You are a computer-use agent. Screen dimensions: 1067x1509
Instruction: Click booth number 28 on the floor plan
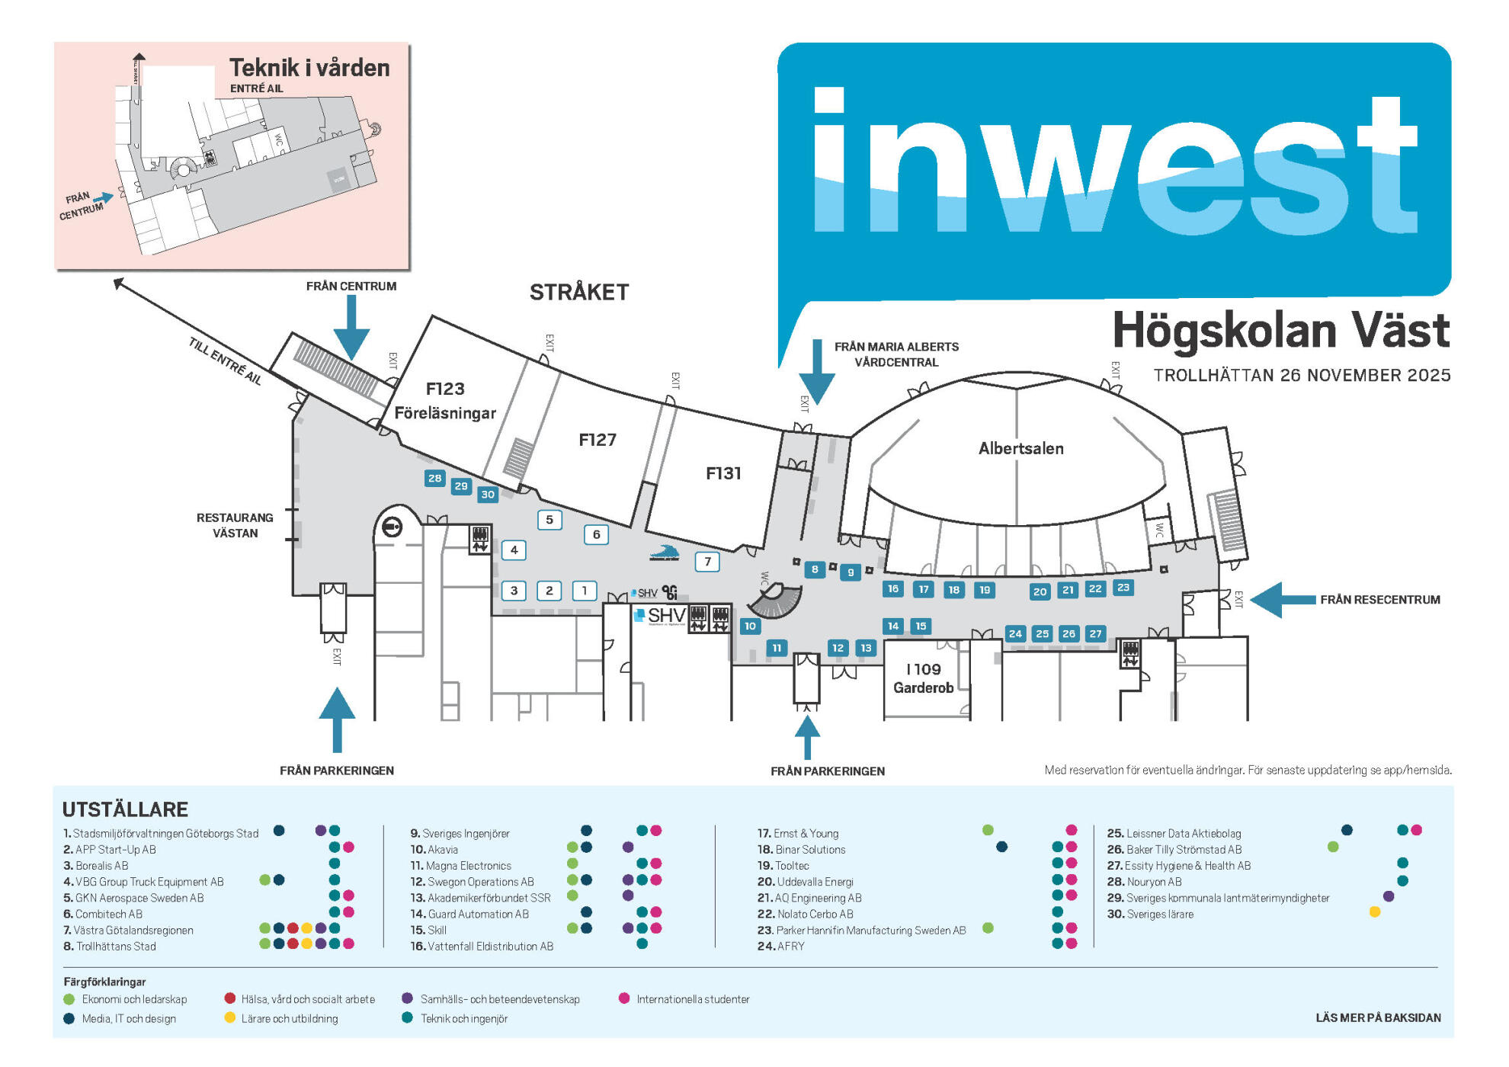click(x=434, y=479)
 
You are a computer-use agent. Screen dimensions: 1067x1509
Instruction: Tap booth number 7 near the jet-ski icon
click(x=707, y=562)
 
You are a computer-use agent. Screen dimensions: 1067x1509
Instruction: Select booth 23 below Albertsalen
click(x=1123, y=588)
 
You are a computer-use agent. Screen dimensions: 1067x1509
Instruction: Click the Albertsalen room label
click(x=1020, y=448)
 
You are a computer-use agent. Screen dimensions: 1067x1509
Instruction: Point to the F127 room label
click(x=597, y=440)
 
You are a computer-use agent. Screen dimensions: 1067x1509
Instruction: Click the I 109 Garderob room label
click(x=923, y=678)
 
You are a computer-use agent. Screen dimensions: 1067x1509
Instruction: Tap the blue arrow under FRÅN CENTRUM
click(x=351, y=328)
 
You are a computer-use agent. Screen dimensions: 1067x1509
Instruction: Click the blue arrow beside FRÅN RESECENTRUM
click(x=1283, y=600)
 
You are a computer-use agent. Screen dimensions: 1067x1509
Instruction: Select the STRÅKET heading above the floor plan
click(x=579, y=292)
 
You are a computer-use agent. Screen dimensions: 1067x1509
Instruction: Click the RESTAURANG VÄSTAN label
click(x=235, y=525)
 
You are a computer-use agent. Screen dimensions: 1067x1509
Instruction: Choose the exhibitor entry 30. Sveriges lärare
click(x=1150, y=914)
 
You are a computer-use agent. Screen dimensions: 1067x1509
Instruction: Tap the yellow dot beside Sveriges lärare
click(x=1375, y=912)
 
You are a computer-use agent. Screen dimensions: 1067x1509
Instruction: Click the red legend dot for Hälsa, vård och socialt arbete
click(x=230, y=998)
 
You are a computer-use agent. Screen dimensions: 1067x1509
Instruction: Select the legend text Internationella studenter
click(x=693, y=999)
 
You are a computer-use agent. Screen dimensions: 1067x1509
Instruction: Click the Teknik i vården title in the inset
click(x=309, y=68)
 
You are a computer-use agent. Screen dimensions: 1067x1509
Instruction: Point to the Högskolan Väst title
click(x=1280, y=331)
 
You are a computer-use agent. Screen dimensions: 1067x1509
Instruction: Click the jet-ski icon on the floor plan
click(x=664, y=553)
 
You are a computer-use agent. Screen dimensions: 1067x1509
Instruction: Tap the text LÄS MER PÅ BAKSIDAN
click(x=1378, y=1017)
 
